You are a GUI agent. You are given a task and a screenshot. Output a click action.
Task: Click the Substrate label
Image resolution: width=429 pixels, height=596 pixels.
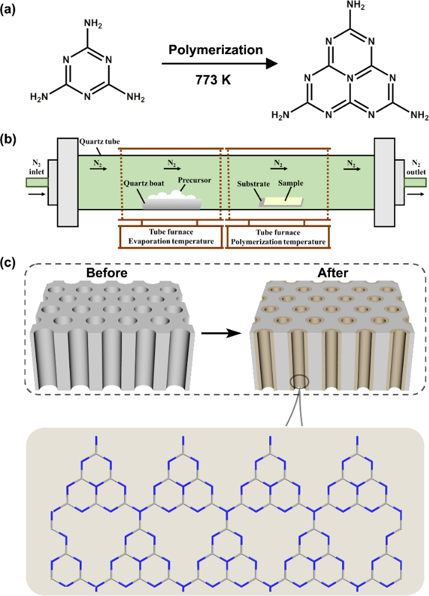click(x=254, y=185)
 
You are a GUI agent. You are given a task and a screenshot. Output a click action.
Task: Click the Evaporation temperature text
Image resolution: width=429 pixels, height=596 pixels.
click(x=170, y=241)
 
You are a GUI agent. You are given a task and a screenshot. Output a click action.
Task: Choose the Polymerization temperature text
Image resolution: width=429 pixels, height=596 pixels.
click(x=277, y=241)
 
